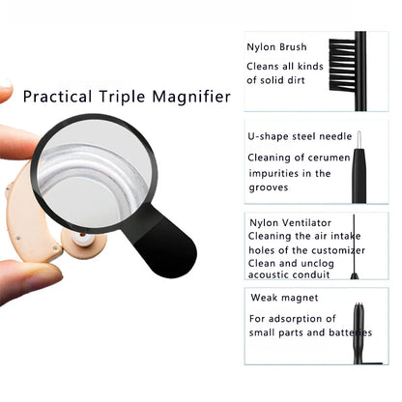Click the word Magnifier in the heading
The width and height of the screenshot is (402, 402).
pos(191,97)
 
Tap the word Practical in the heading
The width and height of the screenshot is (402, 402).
pos(57,97)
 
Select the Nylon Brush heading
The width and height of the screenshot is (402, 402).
pos(276,47)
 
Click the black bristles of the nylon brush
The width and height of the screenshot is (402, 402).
pos(342,65)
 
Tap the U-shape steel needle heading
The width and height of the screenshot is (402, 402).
pos(300,136)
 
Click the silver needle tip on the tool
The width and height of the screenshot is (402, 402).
pos(359,139)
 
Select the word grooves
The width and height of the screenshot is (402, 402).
pos(269,187)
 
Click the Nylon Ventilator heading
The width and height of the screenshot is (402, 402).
pos(291,223)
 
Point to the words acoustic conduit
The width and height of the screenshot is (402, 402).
pos(289,274)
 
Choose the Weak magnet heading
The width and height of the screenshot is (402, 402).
pos(284,298)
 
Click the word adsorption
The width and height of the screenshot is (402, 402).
pos(297,319)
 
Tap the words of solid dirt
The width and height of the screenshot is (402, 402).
pos(275,80)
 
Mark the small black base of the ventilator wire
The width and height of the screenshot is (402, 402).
pos(355,275)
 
